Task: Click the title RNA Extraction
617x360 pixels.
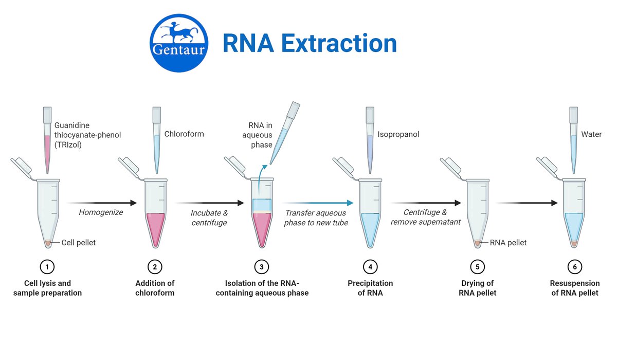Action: point(310,43)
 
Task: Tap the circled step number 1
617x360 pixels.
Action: point(47,266)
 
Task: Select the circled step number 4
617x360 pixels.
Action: point(370,266)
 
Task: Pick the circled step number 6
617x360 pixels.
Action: point(575,266)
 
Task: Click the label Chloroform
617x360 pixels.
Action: point(184,134)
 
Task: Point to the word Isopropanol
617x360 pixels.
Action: point(398,134)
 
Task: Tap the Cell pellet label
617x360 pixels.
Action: point(78,243)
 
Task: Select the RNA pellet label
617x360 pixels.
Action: point(508,243)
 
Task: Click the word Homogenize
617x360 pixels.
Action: point(101,212)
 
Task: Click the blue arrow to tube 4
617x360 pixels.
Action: point(319,203)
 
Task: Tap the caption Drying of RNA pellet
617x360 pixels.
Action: point(478,288)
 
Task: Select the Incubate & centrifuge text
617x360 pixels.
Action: point(209,217)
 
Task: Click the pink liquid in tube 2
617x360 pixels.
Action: point(155,226)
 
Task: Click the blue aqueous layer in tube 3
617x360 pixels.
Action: point(262,204)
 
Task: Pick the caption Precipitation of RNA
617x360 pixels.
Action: point(370,288)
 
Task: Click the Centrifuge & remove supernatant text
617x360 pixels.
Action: point(425,217)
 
